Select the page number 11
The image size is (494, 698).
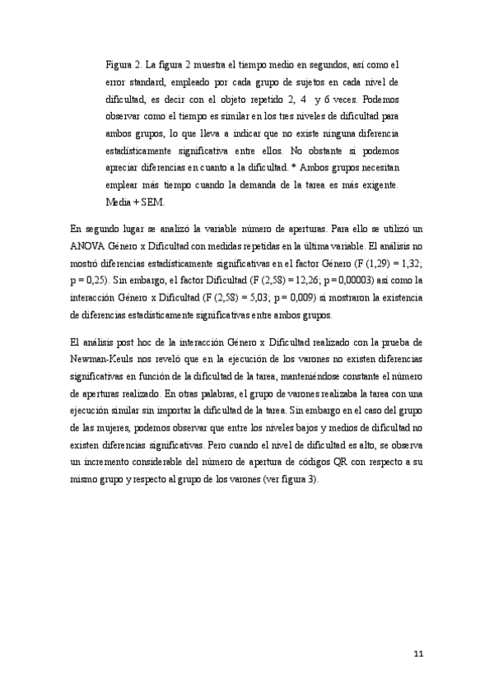pos(417,654)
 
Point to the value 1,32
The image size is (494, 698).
pos(409,263)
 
